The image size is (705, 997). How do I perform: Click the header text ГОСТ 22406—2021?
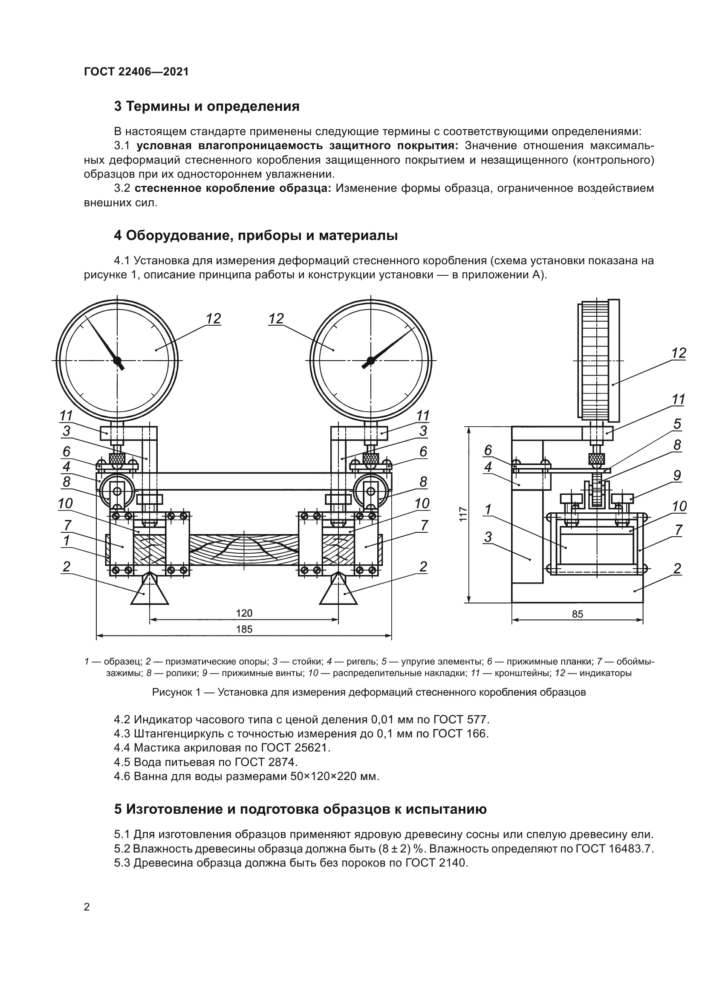(136, 72)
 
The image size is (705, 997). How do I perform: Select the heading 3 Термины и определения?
(207, 107)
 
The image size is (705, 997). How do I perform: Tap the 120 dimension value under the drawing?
(244, 613)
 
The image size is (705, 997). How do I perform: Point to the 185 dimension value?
(244, 629)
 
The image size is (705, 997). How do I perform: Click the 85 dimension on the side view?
(578, 614)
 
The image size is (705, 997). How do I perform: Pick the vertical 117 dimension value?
(463, 514)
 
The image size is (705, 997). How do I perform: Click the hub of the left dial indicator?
(117, 360)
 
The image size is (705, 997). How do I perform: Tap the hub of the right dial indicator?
(370, 360)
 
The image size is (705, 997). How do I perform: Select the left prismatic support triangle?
(149, 592)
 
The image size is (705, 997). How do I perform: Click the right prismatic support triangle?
(338, 592)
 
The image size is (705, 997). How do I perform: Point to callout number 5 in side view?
(677, 424)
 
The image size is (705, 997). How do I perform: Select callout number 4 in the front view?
(66, 467)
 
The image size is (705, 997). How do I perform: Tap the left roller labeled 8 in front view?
(117, 491)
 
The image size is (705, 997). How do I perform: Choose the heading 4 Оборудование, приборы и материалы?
(256, 236)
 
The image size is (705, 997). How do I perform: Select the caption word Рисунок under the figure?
(172, 692)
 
